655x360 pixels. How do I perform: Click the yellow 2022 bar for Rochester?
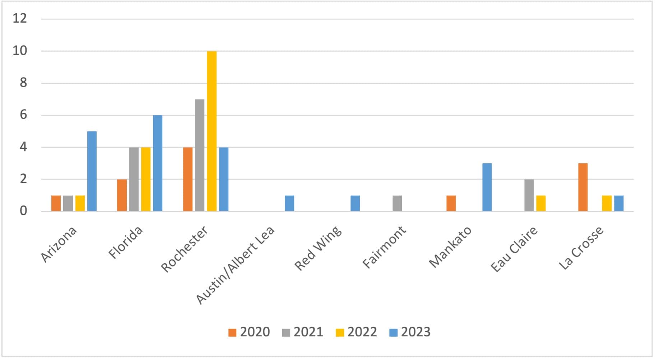coord(212,131)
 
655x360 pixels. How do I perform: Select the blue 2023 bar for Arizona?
coord(92,171)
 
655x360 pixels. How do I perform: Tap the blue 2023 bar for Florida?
coord(158,163)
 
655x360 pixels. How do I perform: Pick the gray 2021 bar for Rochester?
coord(200,155)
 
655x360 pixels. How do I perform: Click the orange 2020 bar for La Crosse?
coord(583,187)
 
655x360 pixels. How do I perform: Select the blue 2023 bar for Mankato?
coord(487,187)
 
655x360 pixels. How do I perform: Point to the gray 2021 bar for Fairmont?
coord(397,203)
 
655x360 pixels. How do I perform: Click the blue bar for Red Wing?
coord(355,203)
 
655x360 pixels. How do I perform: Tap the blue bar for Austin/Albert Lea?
coord(289,203)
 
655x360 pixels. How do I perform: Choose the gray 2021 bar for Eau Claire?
coord(529,195)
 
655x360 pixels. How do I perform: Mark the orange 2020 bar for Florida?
coord(122,195)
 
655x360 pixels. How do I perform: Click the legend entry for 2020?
coord(249,332)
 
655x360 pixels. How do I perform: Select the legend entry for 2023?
coord(410,332)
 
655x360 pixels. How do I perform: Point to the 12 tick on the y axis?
coord(20,18)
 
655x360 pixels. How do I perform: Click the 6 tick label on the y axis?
coord(23,115)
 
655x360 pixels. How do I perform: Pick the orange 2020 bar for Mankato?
coord(451,203)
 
